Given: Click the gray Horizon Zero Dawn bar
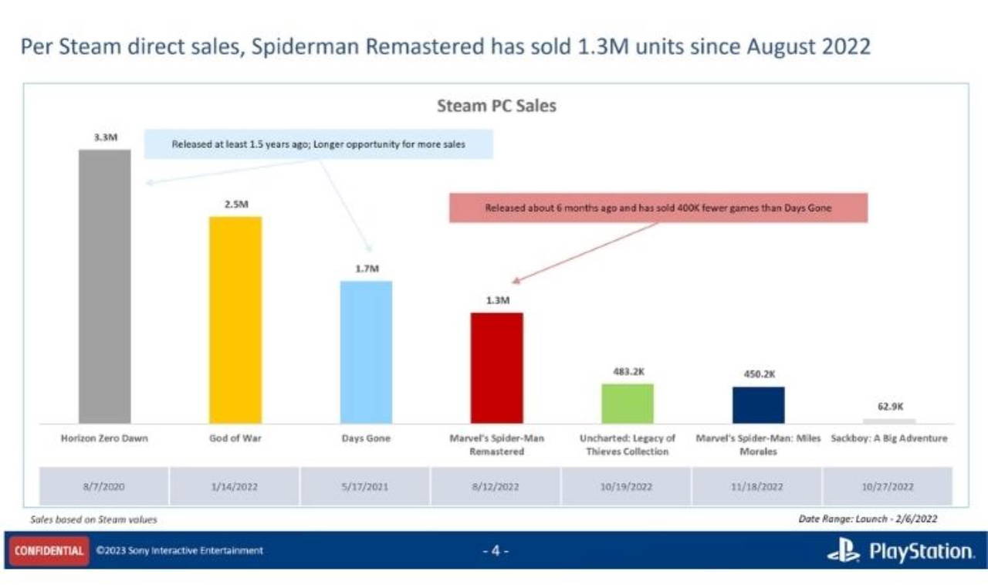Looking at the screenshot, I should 105,286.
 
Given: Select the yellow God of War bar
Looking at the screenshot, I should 235,320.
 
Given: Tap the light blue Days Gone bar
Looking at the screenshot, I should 366,352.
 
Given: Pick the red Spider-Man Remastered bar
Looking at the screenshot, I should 497,368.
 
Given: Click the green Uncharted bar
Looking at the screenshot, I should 628,404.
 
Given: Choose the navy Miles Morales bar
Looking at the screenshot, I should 758,405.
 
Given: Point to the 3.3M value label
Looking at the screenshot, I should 105,137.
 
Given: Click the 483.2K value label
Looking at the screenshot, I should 628,371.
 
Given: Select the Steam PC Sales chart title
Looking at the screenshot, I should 496,107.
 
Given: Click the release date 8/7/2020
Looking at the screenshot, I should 104,487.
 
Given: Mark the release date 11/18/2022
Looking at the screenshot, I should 758,487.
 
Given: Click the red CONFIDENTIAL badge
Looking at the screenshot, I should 48,550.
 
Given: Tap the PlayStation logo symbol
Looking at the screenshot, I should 844,550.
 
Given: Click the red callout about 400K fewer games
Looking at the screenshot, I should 658,208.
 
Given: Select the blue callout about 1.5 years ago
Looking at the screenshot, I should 318,144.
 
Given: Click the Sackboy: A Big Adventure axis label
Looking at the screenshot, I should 889,438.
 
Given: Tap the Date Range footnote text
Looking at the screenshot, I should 868,519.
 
